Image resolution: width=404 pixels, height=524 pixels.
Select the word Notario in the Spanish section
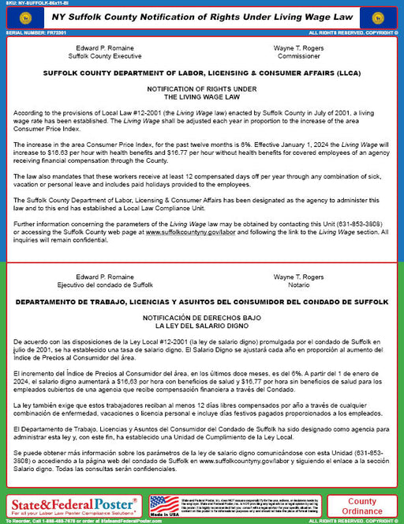tap(298, 285)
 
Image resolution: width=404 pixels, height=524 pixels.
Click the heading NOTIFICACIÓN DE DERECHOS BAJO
tap(202, 317)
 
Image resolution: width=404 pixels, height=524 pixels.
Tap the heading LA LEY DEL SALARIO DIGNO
tap(201, 325)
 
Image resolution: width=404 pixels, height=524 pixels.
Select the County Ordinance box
tap(361, 506)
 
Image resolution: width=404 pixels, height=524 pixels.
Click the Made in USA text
tap(164, 515)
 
